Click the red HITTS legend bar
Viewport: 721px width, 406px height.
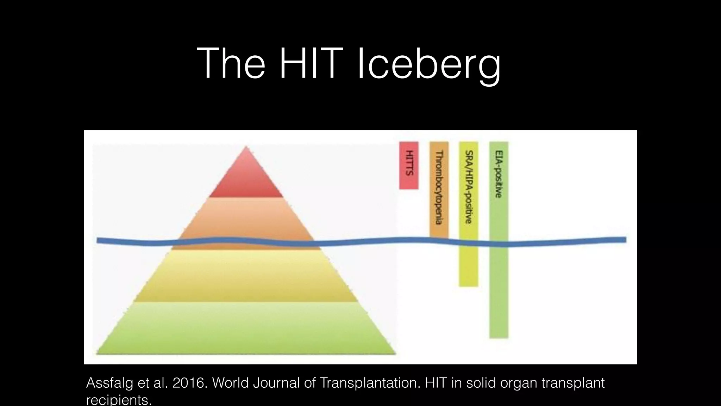coord(409,165)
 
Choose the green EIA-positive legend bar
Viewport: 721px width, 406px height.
coord(499,240)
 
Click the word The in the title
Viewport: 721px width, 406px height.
coord(231,64)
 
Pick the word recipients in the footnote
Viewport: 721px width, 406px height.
coord(119,400)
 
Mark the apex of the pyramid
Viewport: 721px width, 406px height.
coord(246,147)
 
